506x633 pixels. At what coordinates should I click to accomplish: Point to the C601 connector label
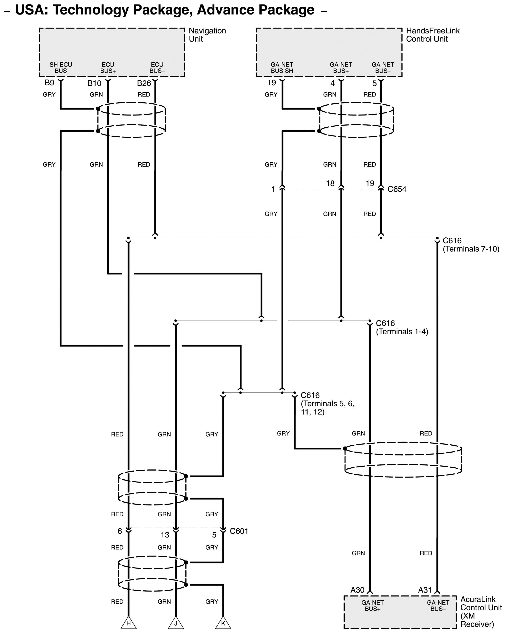pyautogui.click(x=239, y=531)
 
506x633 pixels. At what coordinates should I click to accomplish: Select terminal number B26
pyautogui.click(x=144, y=83)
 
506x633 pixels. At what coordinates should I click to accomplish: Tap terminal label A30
pyautogui.click(x=358, y=590)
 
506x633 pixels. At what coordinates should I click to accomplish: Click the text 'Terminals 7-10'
pyautogui.click(x=471, y=249)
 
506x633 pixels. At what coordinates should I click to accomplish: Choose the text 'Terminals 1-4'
pyautogui.click(x=402, y=332)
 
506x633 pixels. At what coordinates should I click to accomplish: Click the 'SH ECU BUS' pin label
pyautogui.click(x=61, y=67)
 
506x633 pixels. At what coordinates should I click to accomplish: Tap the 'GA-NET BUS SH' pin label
pyautogui.click(x=282, y=67)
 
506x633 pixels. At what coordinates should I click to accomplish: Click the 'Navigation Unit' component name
pyautogui.click(x=207, y=35)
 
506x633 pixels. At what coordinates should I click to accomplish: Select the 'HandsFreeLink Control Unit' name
pyautogui.click(x=433, y=35)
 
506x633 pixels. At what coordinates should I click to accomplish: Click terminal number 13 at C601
pyautogui.click(x=165, y=535)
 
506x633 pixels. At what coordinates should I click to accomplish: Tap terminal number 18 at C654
pyautogui.click(x=330, y=184)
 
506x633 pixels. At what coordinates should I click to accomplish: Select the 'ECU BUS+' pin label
pyautogui.click(x=108, y=67)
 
